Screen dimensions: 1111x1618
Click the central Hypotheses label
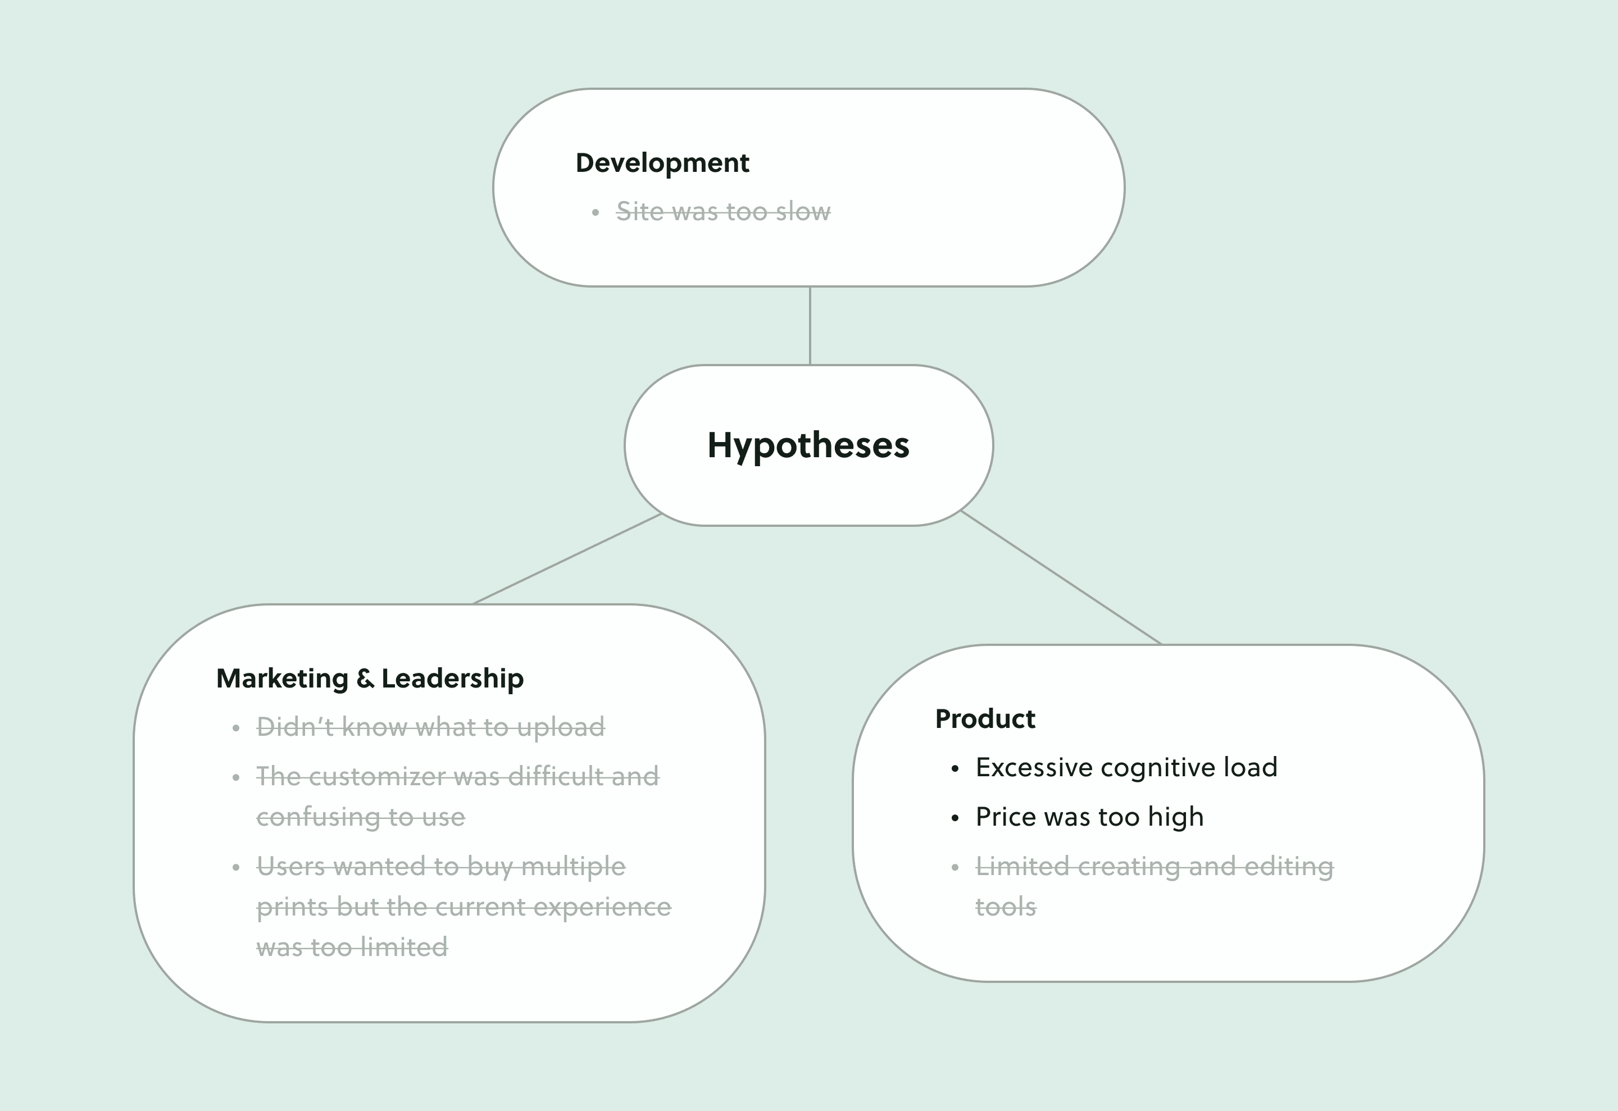[x=808, y=445]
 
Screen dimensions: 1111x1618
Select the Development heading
[x=662, y=163]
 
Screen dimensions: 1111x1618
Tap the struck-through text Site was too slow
[x=722, y=212]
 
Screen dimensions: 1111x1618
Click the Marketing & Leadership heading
[x=370, y=679]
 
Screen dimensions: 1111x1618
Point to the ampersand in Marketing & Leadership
[x=365, y=679]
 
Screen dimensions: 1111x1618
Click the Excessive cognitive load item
[x=1126, y=768]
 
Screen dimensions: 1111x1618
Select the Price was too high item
[x=1089, y=817]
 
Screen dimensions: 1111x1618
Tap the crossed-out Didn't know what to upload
[x=430, y=727]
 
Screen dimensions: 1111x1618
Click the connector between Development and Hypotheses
[x=810, y=326]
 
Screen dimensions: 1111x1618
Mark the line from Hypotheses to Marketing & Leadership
[x=567, y=559]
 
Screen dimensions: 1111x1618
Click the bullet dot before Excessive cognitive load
[x=955, y=769]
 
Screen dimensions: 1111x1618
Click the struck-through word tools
[x=1005, y=908]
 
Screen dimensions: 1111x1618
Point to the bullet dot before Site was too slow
[x=596, y=213]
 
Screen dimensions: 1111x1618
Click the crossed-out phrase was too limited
[x=352, y=948]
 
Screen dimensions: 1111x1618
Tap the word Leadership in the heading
[x=453, y=679]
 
